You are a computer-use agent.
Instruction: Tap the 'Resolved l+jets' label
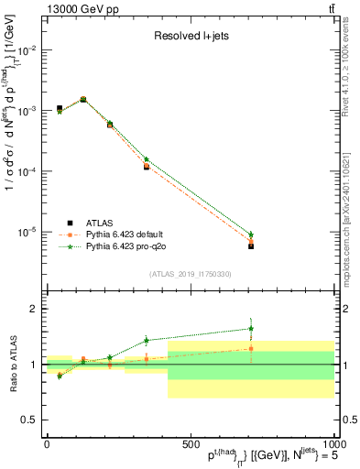point(191,38)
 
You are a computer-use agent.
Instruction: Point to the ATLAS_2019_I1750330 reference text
point(191,274)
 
